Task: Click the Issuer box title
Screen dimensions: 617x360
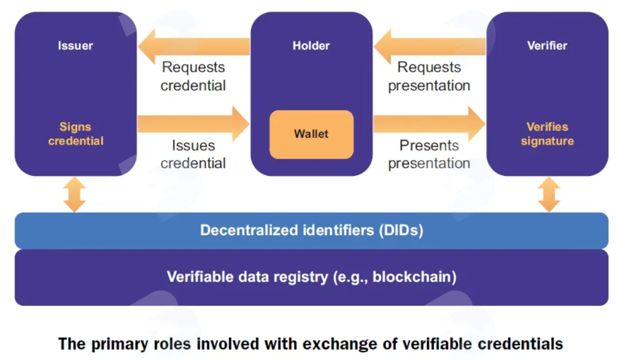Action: click(x=75, y=46)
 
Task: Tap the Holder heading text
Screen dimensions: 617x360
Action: click(x=311, y=46)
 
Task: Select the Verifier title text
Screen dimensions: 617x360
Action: click(x=547, y=46)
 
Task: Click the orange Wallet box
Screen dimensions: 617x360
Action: click(x=311, y=134)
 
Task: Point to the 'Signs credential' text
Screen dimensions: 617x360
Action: click(x=76, y=134)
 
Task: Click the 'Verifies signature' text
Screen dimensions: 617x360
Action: click(x=547, y=134)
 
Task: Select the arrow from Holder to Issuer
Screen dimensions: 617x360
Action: click(x=194, y=46)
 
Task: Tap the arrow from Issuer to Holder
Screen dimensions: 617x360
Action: click(x=193, y=124)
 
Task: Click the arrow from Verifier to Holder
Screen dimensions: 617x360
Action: click(x=429, y=46)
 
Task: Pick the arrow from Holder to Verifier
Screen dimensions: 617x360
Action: click(x=429, y=124)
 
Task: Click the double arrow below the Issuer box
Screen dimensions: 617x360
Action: click(x=74, y=194)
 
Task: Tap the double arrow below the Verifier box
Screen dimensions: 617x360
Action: click(x=549, y=194)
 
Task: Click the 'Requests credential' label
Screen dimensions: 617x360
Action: click(x=193, y=76)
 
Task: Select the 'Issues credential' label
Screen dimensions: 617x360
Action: click(x=193, y=154)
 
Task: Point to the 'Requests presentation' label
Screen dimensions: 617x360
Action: click(x=429, y=76)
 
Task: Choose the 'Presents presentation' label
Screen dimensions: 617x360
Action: click(x=429, y=154)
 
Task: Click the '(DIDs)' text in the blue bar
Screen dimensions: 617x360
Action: click(x=401, y=230)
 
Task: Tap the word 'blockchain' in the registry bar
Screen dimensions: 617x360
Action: click(x=412, y=277)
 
